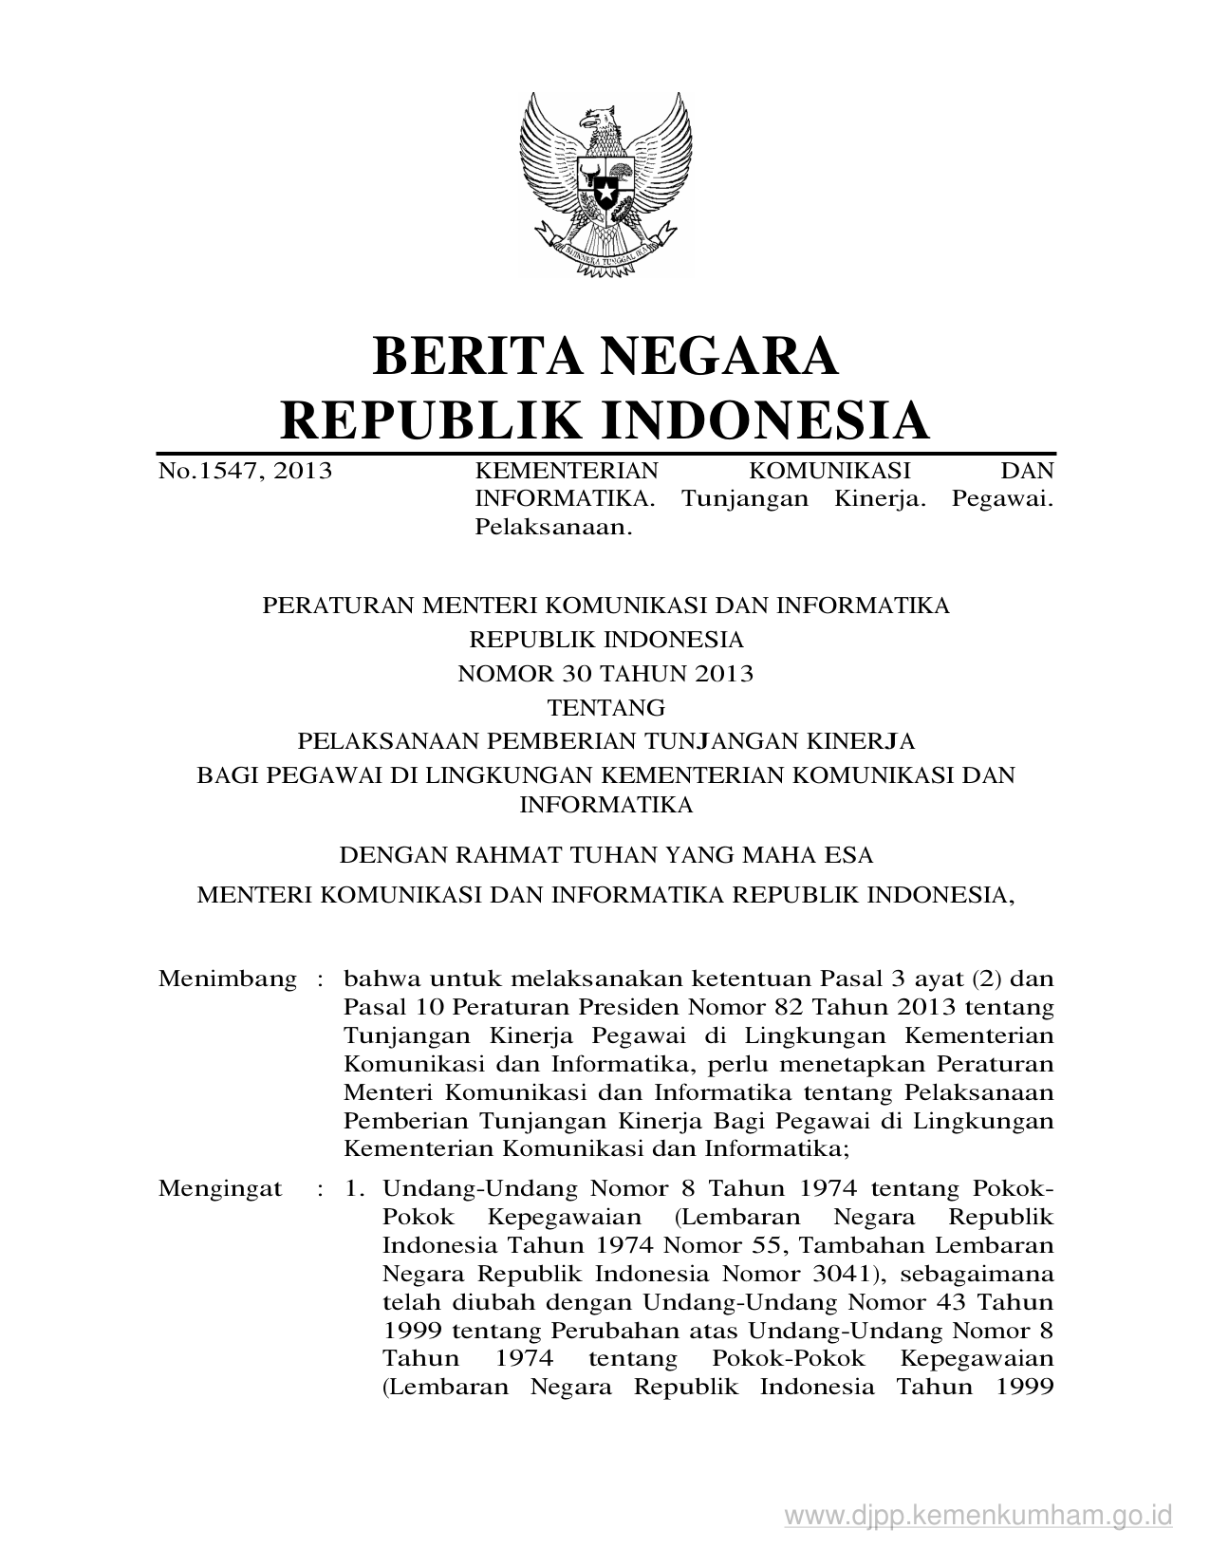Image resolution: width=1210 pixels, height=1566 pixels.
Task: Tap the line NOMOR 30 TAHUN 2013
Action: (x=605, y=674)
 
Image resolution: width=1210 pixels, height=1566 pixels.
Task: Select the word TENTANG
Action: (x=605, y=708)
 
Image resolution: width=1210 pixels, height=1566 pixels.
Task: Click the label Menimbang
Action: (x=228, y=979)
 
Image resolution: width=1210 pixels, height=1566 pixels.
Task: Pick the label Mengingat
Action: (x=220, y=1188)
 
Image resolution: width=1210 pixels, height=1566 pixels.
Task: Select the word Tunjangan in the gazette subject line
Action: (x=744, y=498)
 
